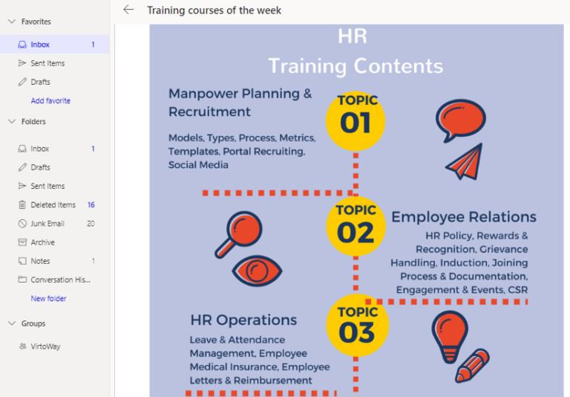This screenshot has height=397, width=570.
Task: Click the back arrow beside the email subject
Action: pyautogui.click(x=128, y=10)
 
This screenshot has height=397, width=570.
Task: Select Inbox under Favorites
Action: pyautogui.click(x=40, y=45)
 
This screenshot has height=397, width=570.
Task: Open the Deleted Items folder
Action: pyautogui.click(x=53, y=204)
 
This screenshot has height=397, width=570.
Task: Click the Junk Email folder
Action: pyautogui.click(x=47, y=223)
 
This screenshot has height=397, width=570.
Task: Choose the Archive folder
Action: pyautogui.click(x=42, y=242)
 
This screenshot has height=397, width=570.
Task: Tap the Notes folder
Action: pyautogui.click(x=40, y=261)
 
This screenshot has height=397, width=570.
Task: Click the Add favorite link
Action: pyautogui.click(x=50, y=100)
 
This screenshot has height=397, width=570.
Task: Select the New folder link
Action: pyautogui.click(x=48, y=298)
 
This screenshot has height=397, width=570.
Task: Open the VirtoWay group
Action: pyautogui.click(x=46, y=346)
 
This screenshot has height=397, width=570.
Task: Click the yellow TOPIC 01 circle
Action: pyautogui.click(x=356, y=119)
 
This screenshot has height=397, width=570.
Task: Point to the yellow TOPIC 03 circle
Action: pyautogui.click(x=356, y=325)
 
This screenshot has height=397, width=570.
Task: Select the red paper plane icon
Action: pyautogui.click(x=465, y=161)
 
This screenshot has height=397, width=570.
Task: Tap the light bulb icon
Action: pyautogui.click(x=450, y=335)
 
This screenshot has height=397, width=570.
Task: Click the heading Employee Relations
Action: pyautogui.click(x=464, y=217)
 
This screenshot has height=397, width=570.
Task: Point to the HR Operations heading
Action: pyautogui.click(x=243, y=320)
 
